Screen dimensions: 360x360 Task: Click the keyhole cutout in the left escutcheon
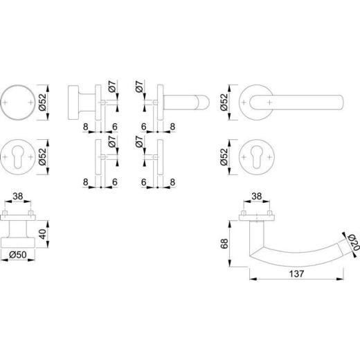pos(18,157)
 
